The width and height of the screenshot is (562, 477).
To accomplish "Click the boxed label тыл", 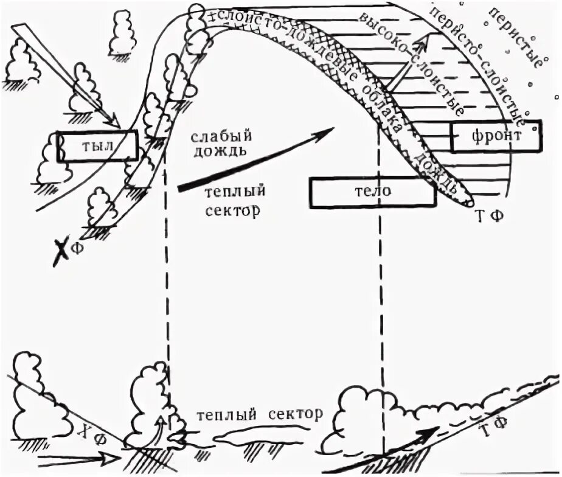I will coord(97,146).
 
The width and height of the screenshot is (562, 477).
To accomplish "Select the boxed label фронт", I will coord(495,136).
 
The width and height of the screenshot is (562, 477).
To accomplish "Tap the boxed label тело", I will coord(372,192).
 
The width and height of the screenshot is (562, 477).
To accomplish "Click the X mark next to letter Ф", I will coord(61,251).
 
